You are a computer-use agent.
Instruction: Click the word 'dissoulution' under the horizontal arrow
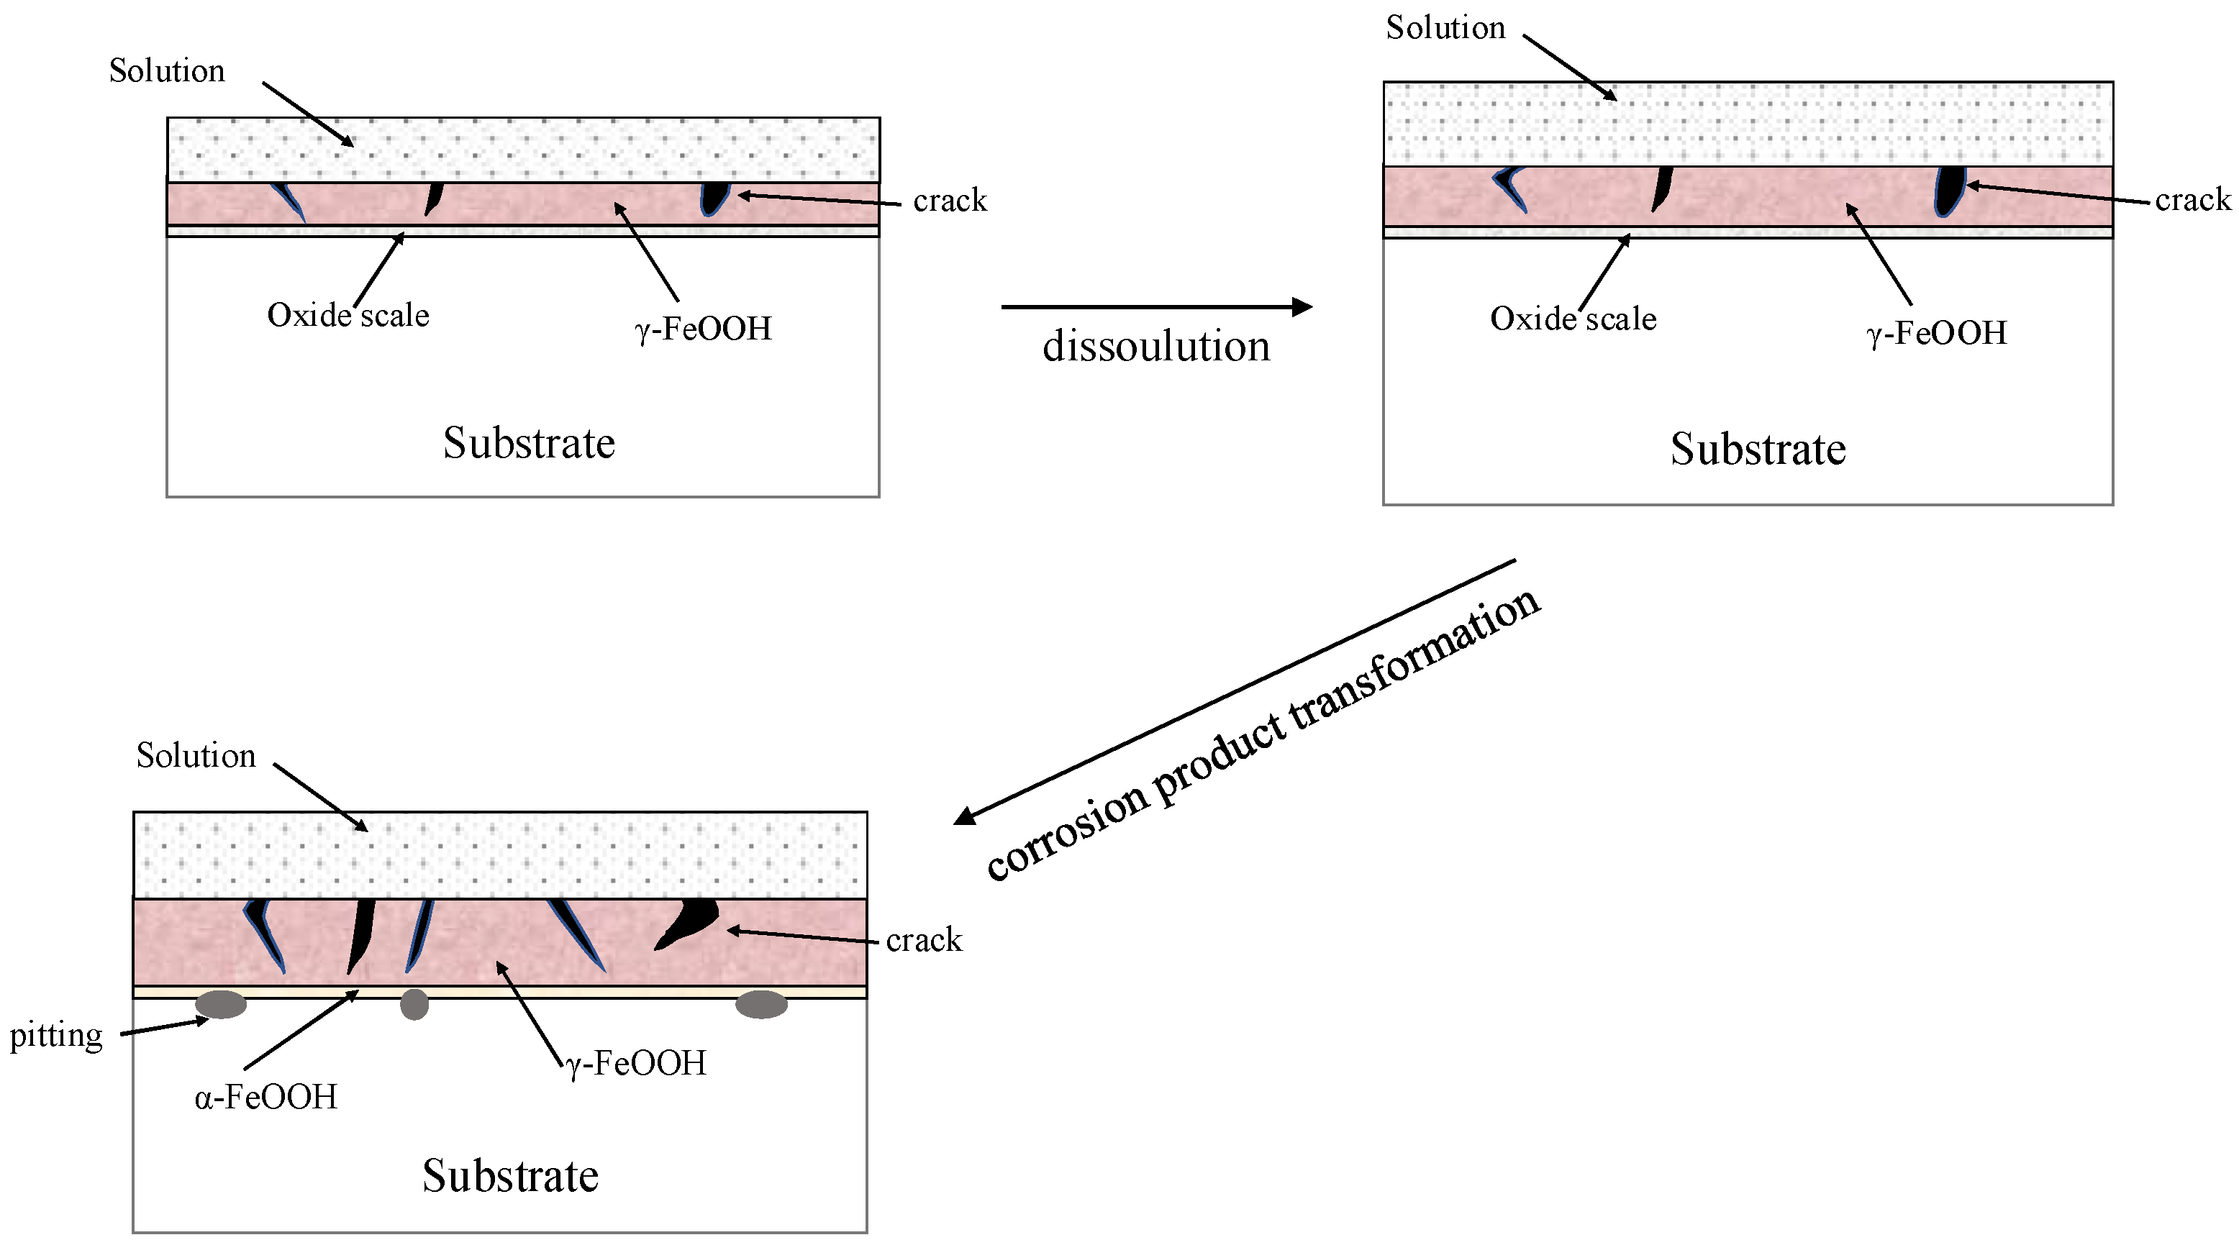1156,347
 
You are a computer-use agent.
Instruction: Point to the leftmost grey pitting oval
221,1005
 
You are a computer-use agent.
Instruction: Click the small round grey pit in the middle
414,1005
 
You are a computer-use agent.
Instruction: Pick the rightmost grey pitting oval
761,1005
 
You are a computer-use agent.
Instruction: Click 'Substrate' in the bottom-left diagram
510,1177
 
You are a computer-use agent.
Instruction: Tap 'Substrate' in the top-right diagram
1758,450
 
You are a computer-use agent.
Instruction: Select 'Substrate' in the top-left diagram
529,443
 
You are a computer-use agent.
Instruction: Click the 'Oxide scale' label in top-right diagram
1573,319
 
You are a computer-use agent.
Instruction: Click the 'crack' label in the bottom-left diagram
924,940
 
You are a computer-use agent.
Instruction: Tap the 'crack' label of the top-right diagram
2192,200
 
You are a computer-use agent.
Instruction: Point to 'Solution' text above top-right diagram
1445,28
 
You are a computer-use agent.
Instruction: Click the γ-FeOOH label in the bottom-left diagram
636,1064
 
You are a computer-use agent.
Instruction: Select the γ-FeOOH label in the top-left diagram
703,329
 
